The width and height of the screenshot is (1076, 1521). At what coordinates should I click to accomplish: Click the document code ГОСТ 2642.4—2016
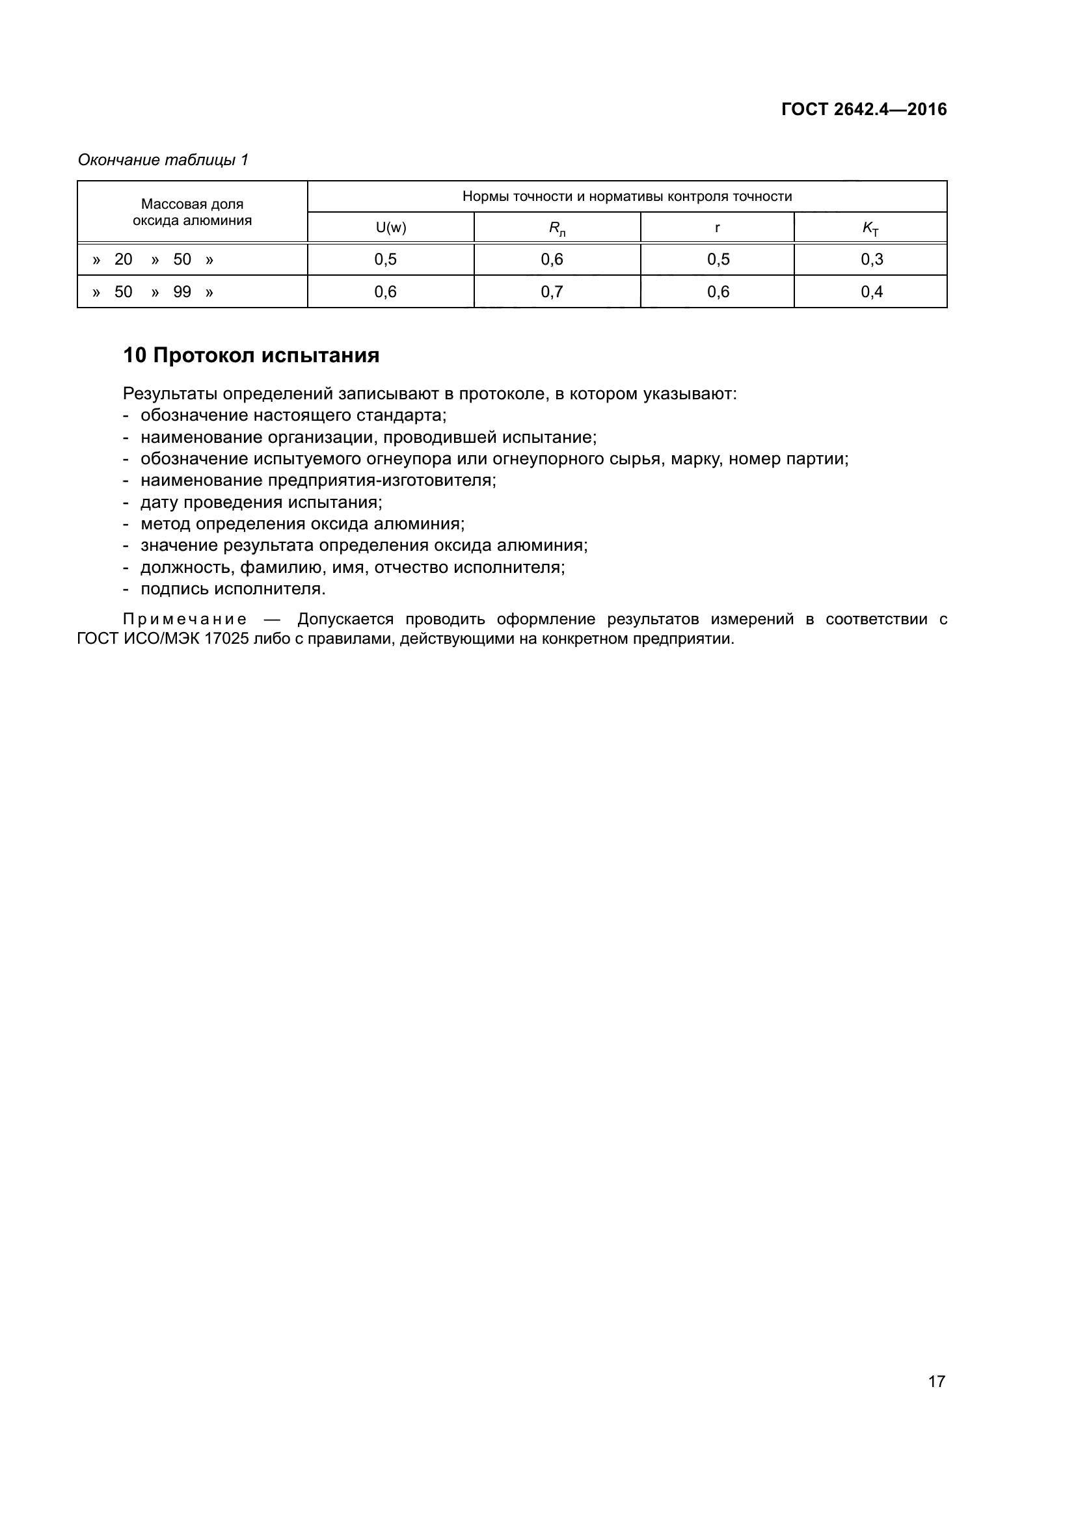[x=863, y=110]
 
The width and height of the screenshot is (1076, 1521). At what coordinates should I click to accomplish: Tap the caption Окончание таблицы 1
[x=163, y=160]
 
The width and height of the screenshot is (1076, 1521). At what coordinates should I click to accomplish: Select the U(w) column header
[x=391, y=228]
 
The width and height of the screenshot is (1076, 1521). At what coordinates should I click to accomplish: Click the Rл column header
[x=557, y=228]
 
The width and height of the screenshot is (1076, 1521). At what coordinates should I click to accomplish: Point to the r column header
[x=717, y=228]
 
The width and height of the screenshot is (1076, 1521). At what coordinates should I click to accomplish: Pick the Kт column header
[x=870, y=228]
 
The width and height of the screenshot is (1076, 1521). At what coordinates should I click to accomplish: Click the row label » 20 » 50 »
[x=153, y=259]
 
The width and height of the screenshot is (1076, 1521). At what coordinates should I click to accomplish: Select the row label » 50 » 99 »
[x=153, y=292]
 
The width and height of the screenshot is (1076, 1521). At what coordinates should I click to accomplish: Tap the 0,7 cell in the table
[x=552, y=292]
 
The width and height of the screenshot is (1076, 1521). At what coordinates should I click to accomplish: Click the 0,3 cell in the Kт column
[x=871, y=259]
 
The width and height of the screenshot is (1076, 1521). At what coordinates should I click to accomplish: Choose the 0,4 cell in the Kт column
[x=871, y=292]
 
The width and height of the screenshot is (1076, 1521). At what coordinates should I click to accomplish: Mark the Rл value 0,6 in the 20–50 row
[x=552, y=259]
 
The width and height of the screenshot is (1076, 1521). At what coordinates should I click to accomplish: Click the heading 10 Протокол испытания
[x=251, y=356]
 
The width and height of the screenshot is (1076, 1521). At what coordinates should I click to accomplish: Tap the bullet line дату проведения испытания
[x=261, y=502]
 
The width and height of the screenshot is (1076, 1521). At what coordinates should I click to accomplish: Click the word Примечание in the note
[x=185, y=620]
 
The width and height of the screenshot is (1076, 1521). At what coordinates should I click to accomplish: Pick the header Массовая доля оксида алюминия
[x=192, y=212]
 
